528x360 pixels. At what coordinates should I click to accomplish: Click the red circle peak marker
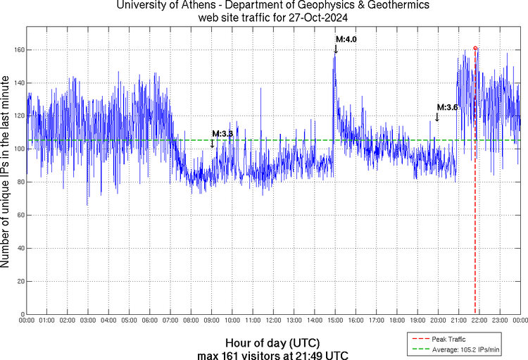click(475, 49)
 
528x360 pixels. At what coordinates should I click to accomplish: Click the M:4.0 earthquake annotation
click(346, 39)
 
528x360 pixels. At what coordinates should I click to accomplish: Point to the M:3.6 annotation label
click(448, 107)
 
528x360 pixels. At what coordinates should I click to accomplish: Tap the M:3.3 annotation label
click(222, 133)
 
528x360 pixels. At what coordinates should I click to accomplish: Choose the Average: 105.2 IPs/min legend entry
click(465, 349)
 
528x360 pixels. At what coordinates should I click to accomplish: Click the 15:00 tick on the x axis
click(335, 321)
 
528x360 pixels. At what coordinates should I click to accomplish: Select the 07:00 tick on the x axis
click(170, 321)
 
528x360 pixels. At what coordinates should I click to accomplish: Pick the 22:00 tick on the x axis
click(479, 321)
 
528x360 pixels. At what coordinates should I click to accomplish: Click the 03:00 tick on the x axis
click(88, 321)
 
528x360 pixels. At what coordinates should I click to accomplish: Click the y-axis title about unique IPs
click(6, 173)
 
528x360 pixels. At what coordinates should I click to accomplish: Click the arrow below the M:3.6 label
click(437, 117)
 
